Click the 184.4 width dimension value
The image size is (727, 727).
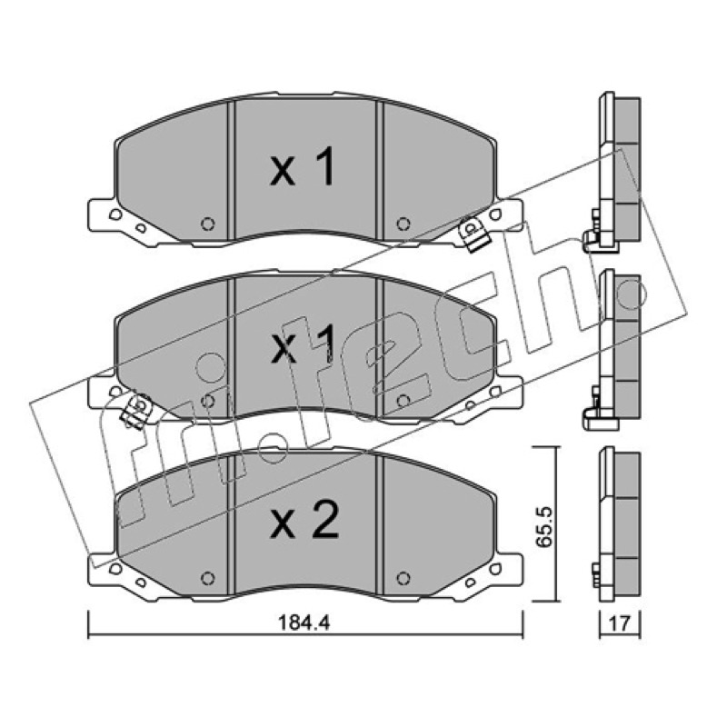304,622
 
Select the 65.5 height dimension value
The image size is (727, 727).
544,525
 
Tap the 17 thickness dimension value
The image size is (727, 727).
620,623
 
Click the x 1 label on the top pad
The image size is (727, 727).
303,166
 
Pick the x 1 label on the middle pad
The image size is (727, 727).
303,344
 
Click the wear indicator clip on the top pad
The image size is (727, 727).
473,236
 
